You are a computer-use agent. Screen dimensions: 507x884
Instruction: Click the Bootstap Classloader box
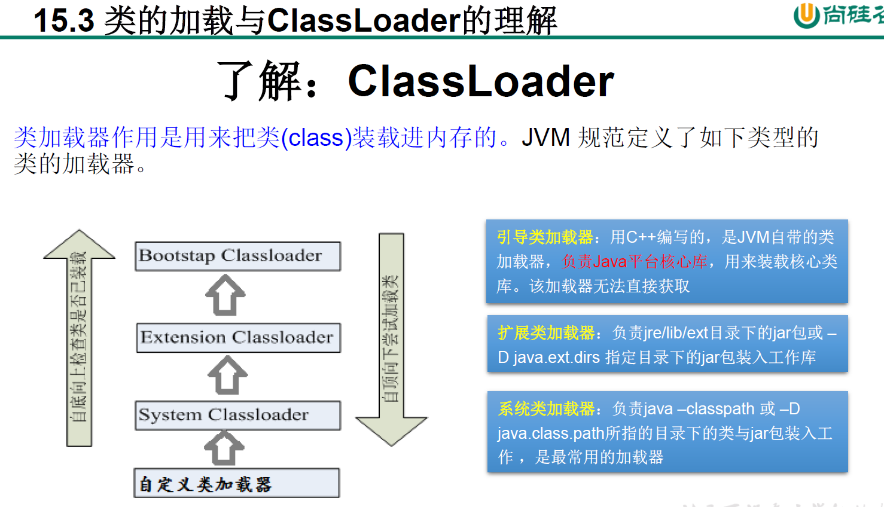click(237, 256)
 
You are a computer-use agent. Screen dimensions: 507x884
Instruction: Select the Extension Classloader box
click(238, 337)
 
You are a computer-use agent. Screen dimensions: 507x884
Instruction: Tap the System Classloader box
click(237, 415)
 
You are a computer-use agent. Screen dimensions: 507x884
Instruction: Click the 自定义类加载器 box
click(236, 483)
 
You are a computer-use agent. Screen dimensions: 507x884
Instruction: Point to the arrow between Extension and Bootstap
click(225, 295)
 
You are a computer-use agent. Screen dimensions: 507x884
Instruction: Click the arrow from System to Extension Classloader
click(227, 375)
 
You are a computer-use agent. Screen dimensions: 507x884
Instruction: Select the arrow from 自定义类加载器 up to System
click(224, 448)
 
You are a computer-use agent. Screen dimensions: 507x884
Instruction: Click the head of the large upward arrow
click(79, 245)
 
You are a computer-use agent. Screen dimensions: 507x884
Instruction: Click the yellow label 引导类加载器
click(545, 237)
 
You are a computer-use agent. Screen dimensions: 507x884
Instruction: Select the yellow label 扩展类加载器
click(546, 333)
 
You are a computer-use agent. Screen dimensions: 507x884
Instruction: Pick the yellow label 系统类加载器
click(546, 409)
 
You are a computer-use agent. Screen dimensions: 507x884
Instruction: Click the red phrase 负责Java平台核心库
click(635, 262)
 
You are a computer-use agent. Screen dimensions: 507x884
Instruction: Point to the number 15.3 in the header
click(64, 20)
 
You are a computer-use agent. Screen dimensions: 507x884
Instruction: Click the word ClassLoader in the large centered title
click(481, 81)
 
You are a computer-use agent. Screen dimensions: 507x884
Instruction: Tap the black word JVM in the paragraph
click(545, 138)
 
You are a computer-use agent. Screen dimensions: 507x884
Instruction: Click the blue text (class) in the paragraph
click(316, 138)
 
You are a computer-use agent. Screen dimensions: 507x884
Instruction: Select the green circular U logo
click(806, 15)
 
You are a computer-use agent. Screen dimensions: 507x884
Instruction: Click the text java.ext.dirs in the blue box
click(556, 358)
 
